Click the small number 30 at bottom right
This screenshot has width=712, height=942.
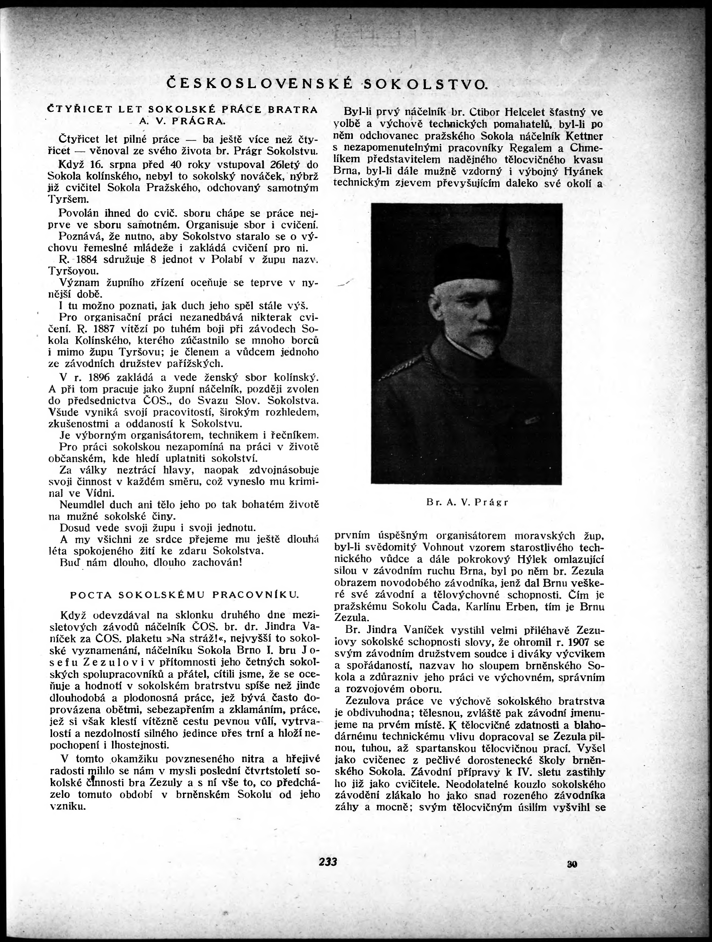coord(572,864)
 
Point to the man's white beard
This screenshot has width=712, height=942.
coord(477,341)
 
